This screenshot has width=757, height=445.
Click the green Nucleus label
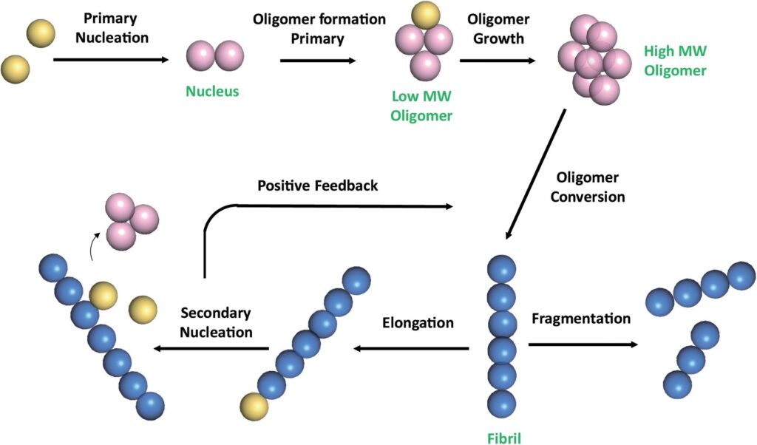(x=214, y=92)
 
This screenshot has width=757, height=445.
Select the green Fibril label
(x=502, y=438)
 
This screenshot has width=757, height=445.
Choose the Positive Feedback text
(x=317, y=185)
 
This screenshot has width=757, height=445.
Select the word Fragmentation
(x=580, y=319)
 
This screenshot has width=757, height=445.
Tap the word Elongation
(x=418, y=322)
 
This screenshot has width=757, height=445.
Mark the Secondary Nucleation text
(x=216, y=323)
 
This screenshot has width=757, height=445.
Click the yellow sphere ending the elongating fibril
(x=254, y=407)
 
